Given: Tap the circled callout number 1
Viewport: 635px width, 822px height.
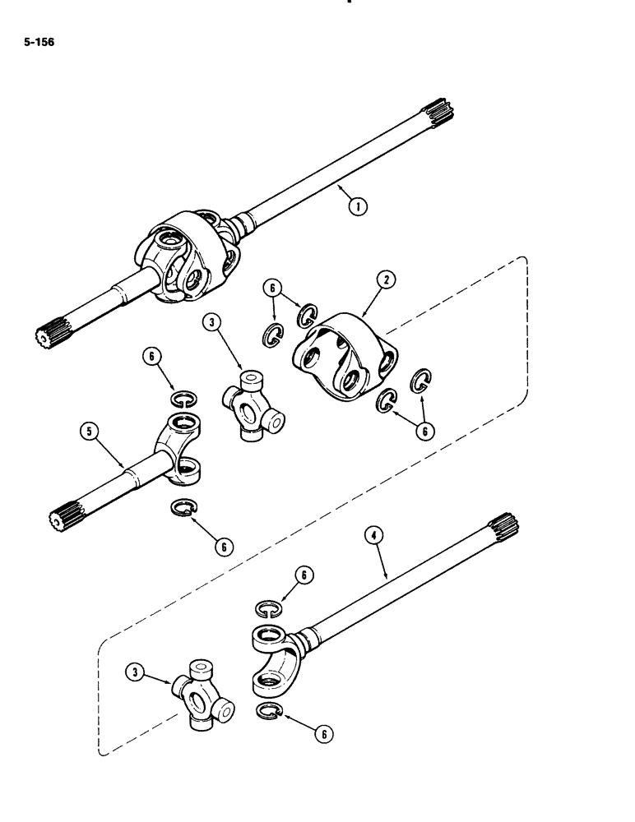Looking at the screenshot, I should click(x=357, y=207).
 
